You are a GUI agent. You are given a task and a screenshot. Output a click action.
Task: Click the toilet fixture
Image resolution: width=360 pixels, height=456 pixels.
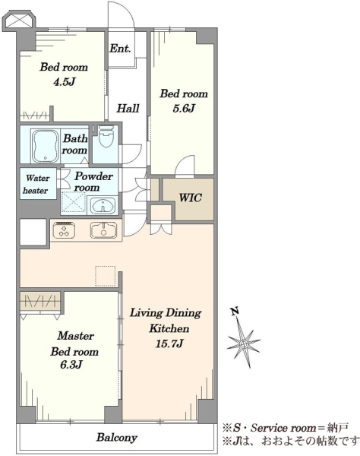tap(105, 136)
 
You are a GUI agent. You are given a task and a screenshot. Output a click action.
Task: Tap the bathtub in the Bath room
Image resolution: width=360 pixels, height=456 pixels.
tap(46, 146)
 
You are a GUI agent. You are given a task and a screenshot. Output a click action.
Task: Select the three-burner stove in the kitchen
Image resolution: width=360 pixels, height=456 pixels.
tap(64, 230)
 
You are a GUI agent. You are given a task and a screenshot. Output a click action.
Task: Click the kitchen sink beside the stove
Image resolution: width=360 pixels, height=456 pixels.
tap(103, 230)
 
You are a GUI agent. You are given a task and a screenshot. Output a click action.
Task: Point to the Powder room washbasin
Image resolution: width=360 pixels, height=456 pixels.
tap(103, 206)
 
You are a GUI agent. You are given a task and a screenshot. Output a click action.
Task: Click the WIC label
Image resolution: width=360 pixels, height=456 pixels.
tap(191, 198)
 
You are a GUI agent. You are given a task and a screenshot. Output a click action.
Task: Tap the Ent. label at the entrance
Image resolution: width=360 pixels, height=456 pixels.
tap(120, 49)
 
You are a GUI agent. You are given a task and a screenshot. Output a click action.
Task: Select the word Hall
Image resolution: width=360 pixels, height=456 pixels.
tap(128, 109)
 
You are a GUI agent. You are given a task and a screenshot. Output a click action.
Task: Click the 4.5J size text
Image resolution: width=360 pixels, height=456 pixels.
tap(65, 82)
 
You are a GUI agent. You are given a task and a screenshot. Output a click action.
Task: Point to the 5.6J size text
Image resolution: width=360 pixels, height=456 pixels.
tap(184, 109)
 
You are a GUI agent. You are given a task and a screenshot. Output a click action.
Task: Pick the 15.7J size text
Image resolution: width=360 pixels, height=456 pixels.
tap(169, 344)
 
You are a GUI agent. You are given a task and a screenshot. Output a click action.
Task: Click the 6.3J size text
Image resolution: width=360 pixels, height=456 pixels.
tap(71, 364)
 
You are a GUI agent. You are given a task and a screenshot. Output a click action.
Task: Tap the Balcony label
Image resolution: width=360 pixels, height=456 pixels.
tap(117, 438)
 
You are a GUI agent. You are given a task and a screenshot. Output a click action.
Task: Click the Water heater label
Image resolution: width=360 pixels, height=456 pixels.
tap(36, 184)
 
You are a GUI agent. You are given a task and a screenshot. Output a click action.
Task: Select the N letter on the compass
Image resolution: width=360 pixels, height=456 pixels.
tap(235, 311)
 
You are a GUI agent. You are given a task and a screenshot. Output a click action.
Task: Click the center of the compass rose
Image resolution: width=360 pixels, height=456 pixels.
tap(244, 344)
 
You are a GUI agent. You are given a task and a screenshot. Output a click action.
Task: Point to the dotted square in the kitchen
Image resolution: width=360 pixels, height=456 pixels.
tap(105, 276)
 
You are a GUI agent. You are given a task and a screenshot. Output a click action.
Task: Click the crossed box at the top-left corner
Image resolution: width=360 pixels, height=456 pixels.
tap(19, 21)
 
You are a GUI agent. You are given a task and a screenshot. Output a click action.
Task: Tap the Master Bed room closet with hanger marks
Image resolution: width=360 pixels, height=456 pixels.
tap(40, 301)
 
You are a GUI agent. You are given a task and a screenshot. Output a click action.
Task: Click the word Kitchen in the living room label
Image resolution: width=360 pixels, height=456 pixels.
tap(169, 328)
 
